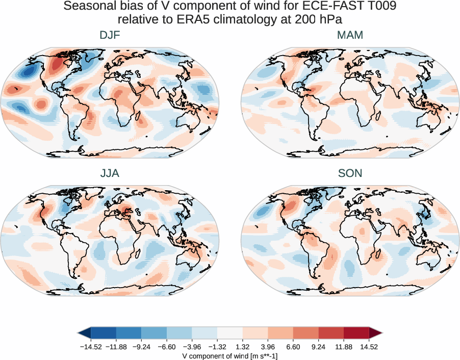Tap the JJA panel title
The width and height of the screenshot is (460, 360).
click(110, 173)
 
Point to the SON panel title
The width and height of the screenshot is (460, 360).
click(350, 173)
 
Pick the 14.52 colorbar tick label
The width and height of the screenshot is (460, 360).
click(369, 347)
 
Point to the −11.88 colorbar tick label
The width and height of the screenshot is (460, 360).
click(117, 347)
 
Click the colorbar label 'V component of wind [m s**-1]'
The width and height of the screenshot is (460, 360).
click(230, 356)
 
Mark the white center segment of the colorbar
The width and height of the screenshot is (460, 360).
click(230, 333)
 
